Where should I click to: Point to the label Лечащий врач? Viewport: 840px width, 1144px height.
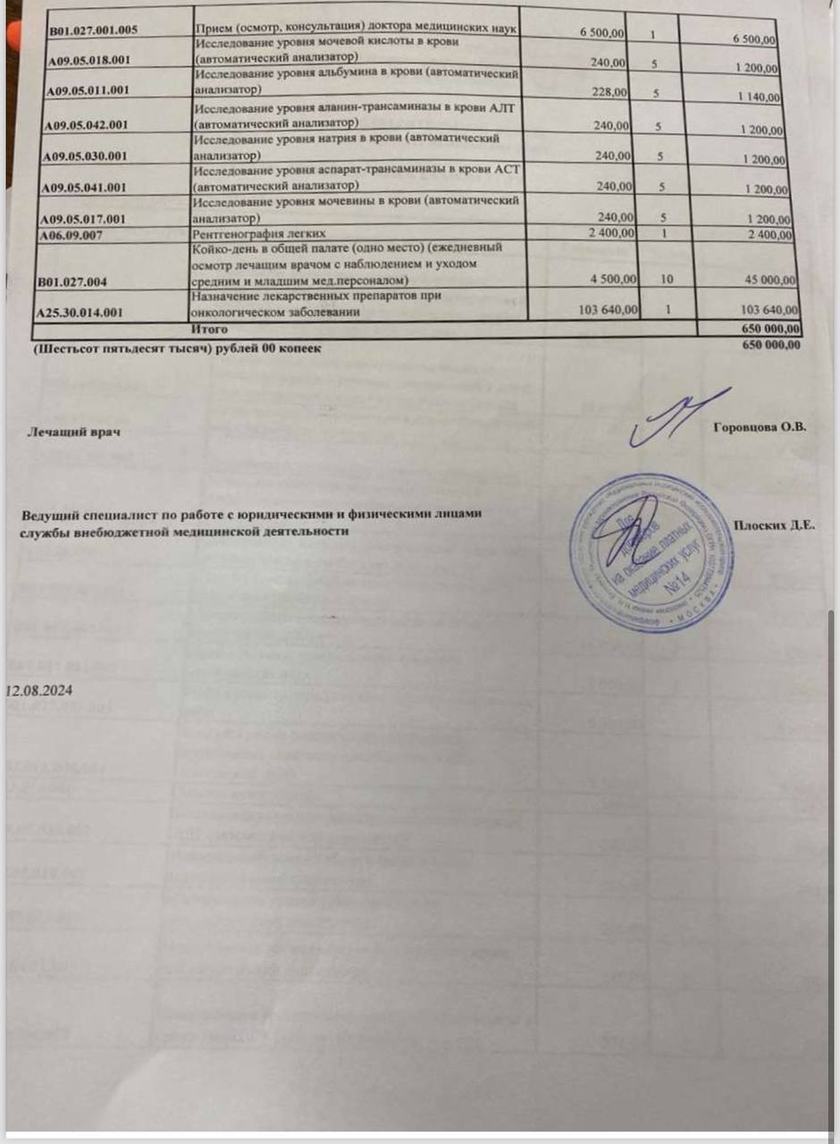pyautogui.click(x=76, y=433)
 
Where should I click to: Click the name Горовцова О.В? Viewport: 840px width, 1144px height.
pyautogui.click(x=761, y=428)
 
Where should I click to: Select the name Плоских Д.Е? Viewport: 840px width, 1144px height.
pyautogui.click(x=773, y=525)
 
